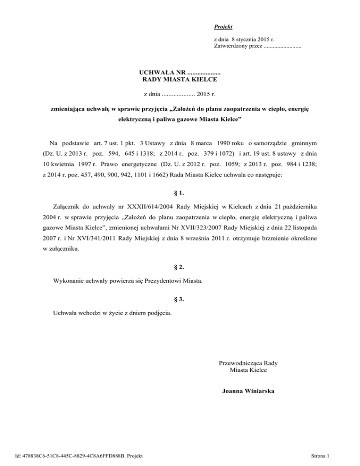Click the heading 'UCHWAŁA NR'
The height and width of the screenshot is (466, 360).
point(162,72)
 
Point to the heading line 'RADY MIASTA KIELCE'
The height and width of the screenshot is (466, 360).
point(180,80)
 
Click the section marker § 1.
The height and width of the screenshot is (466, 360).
point(180,180)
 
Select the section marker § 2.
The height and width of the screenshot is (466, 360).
point(180,267)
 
